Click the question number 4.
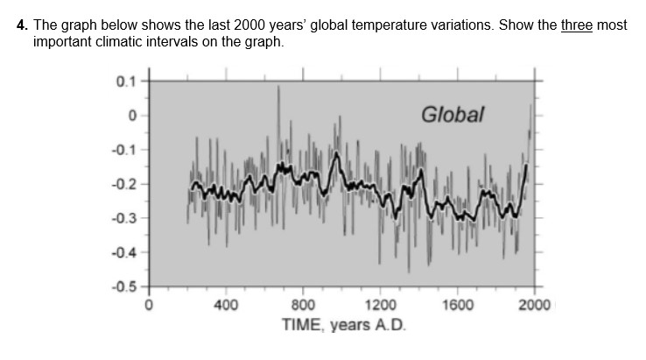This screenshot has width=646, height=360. click(x=23, y=25)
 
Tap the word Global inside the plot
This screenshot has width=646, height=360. click(x=452, y=115)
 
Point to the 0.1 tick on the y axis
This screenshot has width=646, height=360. click(x=126, y=81)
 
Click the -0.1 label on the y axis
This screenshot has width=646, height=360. click(x=124, y=150)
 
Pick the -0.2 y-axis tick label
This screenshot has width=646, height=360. click(x=124, y=184)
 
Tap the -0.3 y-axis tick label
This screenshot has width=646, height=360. click(x=124, y=218)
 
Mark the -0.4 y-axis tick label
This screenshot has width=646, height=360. click(x=124, y=252)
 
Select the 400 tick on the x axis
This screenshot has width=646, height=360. click(x=226, y=306)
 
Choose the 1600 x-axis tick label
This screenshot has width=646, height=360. click(x=458, y=306)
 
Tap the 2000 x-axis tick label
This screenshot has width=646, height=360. click(x=534, y=306)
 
